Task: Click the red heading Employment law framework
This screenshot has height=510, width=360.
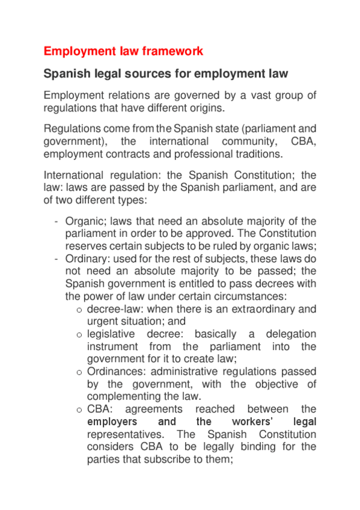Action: pyautogui.click(x=123, y=51)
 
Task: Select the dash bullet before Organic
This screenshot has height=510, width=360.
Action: pyautogui.click(x=56, y=221)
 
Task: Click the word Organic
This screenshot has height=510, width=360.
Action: pyautogui.click(x=84, y=221)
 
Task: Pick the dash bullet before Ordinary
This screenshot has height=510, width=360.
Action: pyautogui.click(x=56, y=259)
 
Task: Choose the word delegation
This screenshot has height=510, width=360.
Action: pyautogui.click(x=291, y=334)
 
